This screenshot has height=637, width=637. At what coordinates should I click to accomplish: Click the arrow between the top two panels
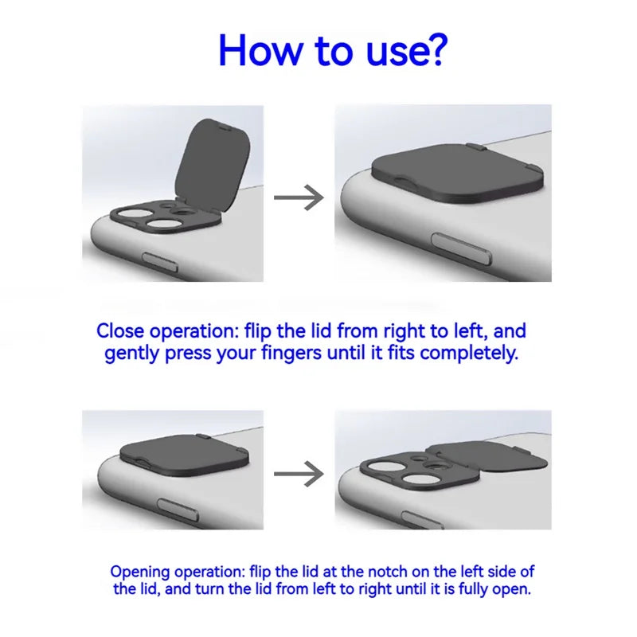click(299, 197)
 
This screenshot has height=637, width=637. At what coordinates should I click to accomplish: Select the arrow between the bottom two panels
click(299, 474)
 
